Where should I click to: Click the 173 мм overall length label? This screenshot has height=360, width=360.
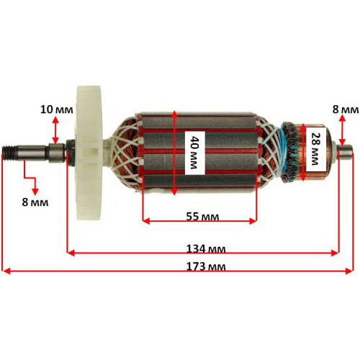(206, 266)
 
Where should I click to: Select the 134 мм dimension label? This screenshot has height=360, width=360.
(206, 249)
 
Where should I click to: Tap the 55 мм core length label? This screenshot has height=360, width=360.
(202, 217)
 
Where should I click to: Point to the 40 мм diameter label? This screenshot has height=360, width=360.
(194, 153)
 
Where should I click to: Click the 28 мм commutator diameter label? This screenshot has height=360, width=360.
(315, 149)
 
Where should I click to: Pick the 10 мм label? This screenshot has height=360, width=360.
(56, 109)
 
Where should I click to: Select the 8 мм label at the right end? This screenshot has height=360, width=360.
(346, 109)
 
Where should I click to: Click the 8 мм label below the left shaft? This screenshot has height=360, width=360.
(35, 202)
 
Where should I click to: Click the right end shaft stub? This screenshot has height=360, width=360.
(345, 153)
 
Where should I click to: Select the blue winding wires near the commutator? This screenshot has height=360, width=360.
(281, 151)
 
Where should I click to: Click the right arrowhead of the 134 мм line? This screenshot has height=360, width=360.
(335, 253)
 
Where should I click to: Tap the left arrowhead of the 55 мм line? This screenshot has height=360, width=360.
(146, 221)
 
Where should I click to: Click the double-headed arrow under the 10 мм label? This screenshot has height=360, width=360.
(55, 130)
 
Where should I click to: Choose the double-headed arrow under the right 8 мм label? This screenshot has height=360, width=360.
(343, 130)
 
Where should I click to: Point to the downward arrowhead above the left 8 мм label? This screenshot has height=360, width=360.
(35, 192)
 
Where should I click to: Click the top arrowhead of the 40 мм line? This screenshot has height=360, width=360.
(174, 114)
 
